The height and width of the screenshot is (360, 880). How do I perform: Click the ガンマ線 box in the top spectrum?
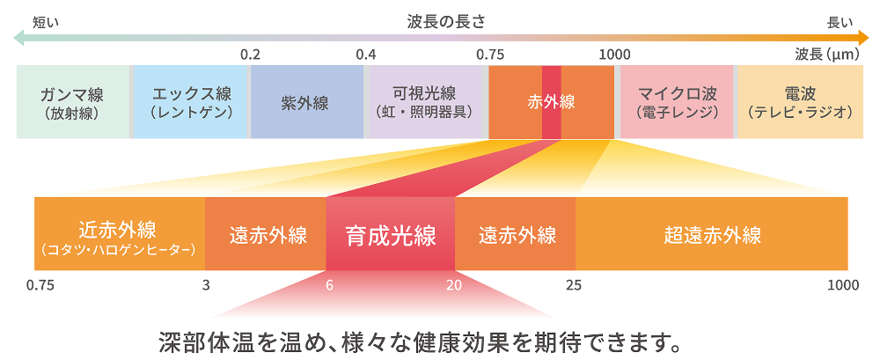73,101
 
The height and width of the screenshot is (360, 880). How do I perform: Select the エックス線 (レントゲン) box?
191,101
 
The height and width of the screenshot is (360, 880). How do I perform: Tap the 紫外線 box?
305,102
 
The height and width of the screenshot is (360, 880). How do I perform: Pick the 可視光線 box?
424,101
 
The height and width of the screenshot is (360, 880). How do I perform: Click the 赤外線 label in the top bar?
551,102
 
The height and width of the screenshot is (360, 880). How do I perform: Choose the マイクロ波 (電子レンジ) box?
677,101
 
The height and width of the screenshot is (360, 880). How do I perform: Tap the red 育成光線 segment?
391,235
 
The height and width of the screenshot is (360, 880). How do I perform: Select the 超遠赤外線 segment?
712,235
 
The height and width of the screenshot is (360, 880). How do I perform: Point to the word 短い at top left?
46,21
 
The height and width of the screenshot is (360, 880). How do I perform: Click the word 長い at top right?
840,21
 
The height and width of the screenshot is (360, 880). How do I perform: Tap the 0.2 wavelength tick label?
250,54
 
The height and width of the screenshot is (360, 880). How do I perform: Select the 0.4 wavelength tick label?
366,54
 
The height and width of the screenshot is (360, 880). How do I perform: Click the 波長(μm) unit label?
826,54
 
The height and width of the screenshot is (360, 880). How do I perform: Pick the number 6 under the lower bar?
329,284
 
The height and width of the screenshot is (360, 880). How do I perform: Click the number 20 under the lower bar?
453,284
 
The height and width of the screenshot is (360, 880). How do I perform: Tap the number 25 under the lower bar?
574,284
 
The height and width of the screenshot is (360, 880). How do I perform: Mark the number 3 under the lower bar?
206,284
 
